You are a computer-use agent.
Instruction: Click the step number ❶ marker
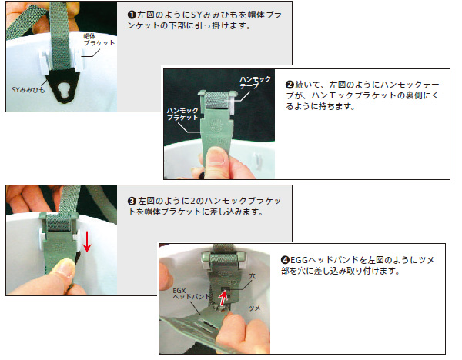pyautogui.click(x=132, y=15)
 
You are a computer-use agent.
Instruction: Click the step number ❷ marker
pyautogui.click(x=290, y=85)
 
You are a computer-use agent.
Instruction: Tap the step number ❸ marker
pyautogui.click(x=132, y=202)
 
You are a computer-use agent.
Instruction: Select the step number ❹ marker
pyautogui.click(x=285, y=260)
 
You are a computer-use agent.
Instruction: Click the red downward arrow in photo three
pyautogui.click(x=86, y=242)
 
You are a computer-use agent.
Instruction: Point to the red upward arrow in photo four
pyautogui.click(x=223, y=298)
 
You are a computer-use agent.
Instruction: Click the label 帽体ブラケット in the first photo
pyautogui.click(x=99, y=40)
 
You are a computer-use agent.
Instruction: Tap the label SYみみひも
pyautogui.click(x=28, y=90)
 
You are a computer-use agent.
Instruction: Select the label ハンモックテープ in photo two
pyautogui.click(x=255, y=82)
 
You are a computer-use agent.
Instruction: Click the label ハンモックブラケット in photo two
pyautogui.click(x=182, y=114)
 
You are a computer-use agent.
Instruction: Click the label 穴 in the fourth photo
pyautogui.click(x=253, y=277)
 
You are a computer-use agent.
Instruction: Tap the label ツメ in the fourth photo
pyautogui.click(x=255, y=308)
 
